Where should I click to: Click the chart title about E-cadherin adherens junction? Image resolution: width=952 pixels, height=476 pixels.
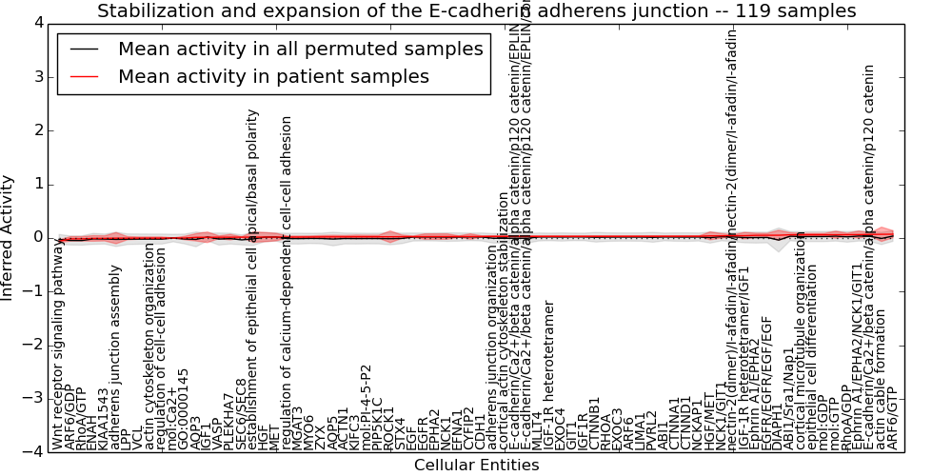[x=476, y=11]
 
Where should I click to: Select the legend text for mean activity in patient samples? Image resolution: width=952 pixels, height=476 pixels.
[x=273, y=76]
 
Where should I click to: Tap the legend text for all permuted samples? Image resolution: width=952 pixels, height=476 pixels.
[x=300, y=50]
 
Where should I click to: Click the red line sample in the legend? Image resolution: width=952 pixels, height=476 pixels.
[x=84, y=76]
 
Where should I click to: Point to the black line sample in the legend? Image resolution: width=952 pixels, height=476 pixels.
[x=84, y=50]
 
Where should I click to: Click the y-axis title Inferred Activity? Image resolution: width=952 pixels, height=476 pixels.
[x=9, y=237]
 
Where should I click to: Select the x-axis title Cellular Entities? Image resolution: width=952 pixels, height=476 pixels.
[x=476, y=466]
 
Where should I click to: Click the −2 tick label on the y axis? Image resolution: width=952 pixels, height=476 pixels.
[x=33, y=345]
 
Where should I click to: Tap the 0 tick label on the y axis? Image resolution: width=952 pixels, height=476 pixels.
[x=37, y=237]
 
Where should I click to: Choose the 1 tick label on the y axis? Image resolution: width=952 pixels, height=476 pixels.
[x=37, y=184]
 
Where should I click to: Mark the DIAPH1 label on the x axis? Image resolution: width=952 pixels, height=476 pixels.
[x=777, y=425]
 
